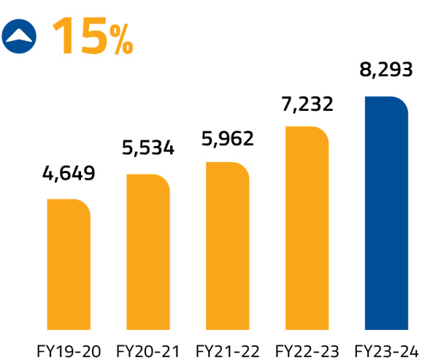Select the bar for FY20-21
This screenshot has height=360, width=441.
(x=148, y=251)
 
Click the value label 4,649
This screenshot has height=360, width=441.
(x=69, y=175)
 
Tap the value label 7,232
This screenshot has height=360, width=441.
(x=307, y=104)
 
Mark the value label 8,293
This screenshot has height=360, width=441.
(x=386, y=71)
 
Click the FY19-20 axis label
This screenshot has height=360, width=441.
(x=69, y=348)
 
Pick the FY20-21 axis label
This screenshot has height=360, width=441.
(x=148, y=348)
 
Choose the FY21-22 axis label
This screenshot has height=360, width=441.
(x=227, y=348)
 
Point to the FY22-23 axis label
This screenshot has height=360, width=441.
(x=307, y=348)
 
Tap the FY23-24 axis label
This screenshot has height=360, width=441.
(x=386, y=348)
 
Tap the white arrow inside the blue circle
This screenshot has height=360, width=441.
(x=20, y=34)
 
